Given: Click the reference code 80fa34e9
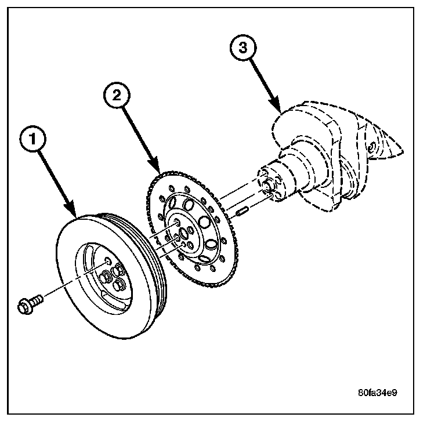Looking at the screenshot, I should click(377, 393).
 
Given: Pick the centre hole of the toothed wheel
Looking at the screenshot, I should click(184, 234).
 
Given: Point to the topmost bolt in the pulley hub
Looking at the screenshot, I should click(118, 268).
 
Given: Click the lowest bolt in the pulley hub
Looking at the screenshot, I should click(120, 285).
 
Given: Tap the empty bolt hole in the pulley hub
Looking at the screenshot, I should click(107, 262).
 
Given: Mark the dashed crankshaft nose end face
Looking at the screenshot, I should click(269, 183).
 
